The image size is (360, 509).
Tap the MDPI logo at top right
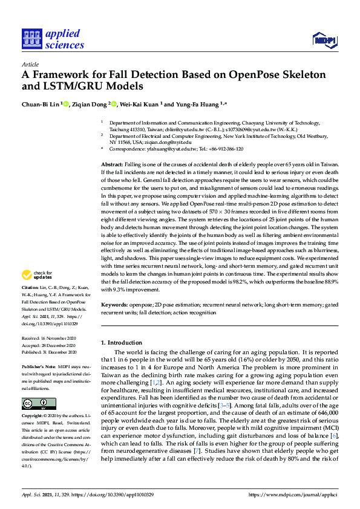(324, 40)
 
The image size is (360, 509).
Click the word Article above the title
(30, 64)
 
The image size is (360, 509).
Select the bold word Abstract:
(112, 164)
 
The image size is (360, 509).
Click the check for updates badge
(36, 276)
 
